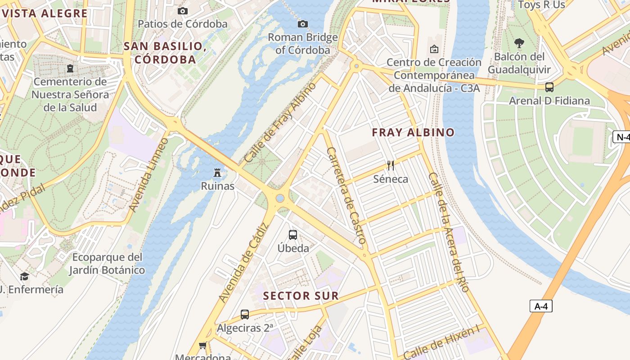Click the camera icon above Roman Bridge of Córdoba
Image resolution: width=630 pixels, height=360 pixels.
coord(303,24)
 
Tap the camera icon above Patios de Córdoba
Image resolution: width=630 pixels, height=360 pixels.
coord(182,11)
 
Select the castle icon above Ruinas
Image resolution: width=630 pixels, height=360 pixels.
coord(217,172)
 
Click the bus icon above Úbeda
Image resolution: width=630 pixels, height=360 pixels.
coord(293,234)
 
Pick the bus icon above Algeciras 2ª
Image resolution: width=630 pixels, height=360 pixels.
coord(244,314)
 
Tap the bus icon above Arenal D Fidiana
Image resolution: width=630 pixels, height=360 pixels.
coord(549,87)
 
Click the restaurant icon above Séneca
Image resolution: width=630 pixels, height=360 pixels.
coord(391,166)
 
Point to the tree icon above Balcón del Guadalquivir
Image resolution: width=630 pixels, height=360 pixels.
coord(519,43)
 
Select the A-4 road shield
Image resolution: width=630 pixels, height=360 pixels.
coord(540,306)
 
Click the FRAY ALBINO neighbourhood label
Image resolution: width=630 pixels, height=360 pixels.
coord(413,132)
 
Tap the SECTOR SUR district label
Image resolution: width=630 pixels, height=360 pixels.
coord(301,296)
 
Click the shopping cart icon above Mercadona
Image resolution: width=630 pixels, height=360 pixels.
coord(202,346)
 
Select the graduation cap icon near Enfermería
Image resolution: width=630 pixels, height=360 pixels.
coord(24,276)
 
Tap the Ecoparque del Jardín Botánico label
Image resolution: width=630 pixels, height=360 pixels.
coord(107,264)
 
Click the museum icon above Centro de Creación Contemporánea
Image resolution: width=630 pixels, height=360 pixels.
coord(434,49)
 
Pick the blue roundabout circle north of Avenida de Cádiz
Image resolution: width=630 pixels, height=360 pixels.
coord(280,198)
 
